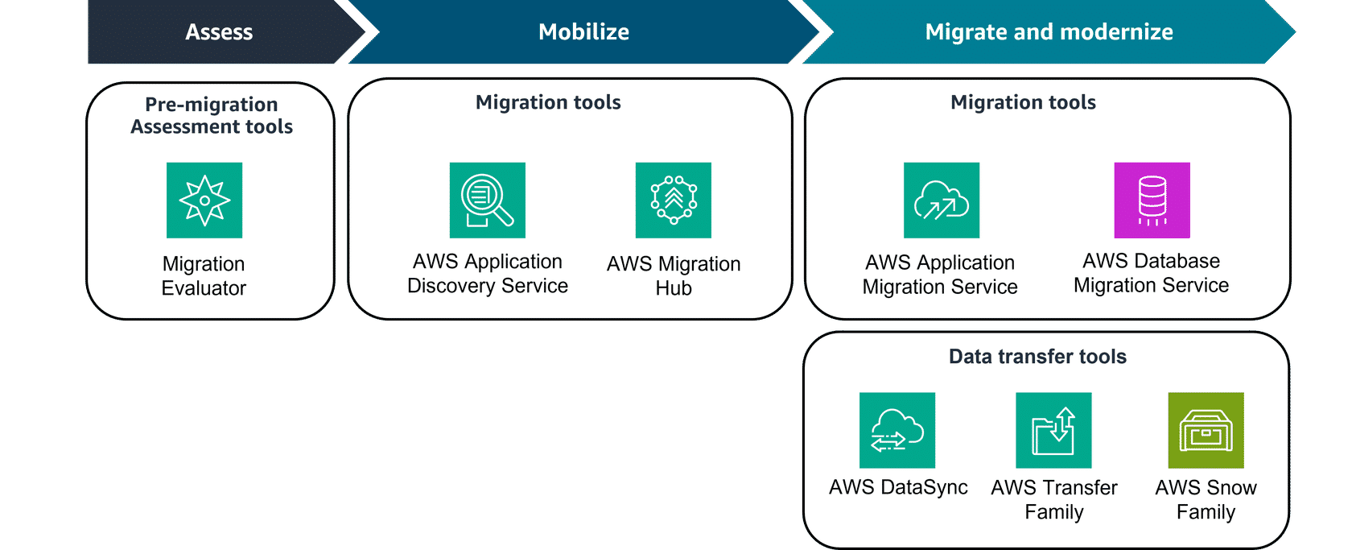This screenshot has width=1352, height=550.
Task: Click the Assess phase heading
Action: [x=219, y=32]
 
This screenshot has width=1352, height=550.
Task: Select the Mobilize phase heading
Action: [x=583, y=32]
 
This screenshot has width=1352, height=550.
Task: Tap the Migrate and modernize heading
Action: [x=1049, y=32]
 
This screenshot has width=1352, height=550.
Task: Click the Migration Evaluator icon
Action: [x=204, y=201]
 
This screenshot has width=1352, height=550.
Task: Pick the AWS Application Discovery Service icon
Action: [x=488, y=201]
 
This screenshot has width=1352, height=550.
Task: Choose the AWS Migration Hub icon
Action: [x=674, y=201]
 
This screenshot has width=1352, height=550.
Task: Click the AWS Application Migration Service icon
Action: [x=942, y=201]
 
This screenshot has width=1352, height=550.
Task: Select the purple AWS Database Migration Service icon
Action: [x=1152, y=201]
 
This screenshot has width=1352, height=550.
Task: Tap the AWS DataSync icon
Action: [x=897, y=430]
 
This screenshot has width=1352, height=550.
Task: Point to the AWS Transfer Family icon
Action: [x=1053, y=430]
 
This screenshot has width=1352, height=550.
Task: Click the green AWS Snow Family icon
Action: [x=1206, y=430]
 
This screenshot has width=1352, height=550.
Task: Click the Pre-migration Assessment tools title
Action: [x=212, y=115]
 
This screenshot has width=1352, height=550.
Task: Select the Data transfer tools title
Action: [x=1037, y=357]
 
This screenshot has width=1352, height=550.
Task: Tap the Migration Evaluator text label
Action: [x=204, y=276]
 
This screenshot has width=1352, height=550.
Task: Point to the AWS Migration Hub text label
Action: [x=674, y=276]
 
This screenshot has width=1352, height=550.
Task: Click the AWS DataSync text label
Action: [x=898, y=488]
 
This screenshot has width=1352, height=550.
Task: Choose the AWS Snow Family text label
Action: [x=1206, y=500]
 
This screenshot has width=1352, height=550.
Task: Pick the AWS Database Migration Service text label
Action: [x=1151, y=273]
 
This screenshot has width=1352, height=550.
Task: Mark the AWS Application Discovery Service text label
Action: [x=488, y=274]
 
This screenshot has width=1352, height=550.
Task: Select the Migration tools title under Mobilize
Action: [x=548, y=102]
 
